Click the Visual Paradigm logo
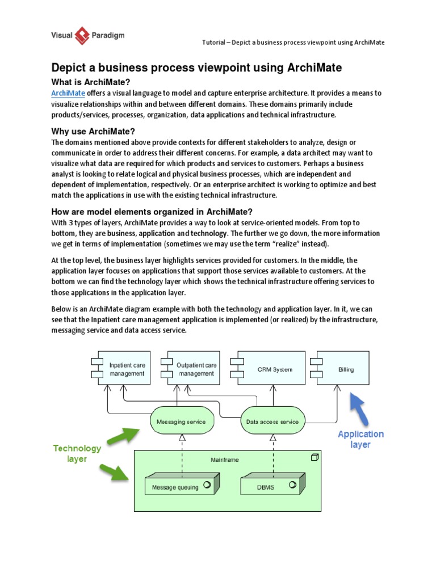coord(85,36)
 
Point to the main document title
coord(196,68)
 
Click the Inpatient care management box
coord(124,369)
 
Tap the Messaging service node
coord(177,422)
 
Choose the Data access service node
coord(272,422)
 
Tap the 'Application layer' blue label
coord(360,439)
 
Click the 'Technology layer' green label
coord(77,453)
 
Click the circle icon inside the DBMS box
coord(292,485)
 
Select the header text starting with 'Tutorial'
coord(294,43)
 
